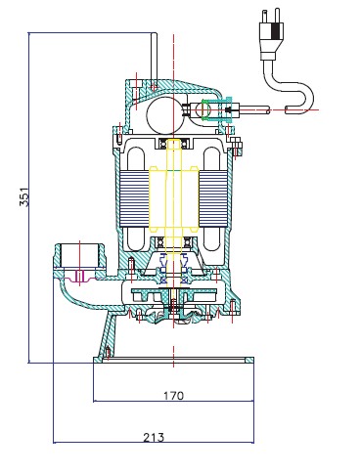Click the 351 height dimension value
pos(24,196)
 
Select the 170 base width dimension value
pos(173,396)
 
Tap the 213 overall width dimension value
pos(154,437)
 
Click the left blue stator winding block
pos(134,198)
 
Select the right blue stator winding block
pos(213,198)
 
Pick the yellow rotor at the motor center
pos(173,198)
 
